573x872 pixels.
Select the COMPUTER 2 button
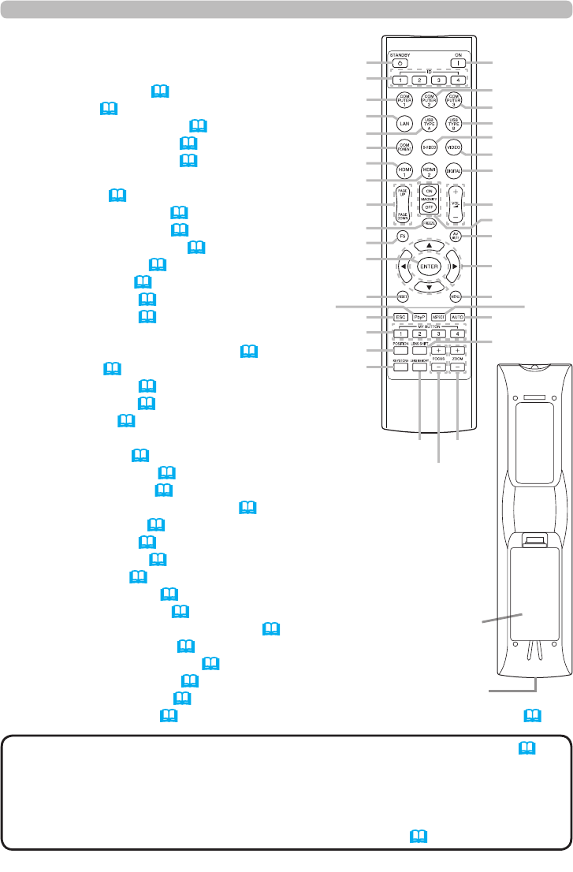coord(430,101)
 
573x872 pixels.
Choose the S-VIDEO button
coord(430,147)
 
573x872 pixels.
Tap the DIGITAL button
coord(454,171)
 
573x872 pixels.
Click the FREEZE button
coord(429,224)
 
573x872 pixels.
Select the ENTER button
coord(429,266)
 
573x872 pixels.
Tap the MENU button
coord(456,297)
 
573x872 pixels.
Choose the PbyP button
coord(420,317)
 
